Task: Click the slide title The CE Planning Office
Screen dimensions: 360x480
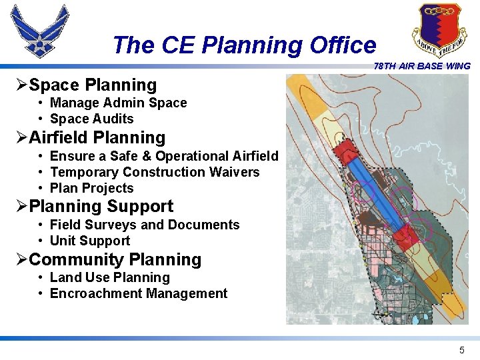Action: click(244, 45)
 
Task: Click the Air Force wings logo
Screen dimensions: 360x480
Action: click(39, 31)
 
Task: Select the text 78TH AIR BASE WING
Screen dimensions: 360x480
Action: click(422, 66)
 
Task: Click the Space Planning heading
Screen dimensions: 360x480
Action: click(93, 85)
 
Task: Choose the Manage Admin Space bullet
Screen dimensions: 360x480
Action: click(118, 103)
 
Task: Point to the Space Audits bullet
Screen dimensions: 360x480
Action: click(91, 119)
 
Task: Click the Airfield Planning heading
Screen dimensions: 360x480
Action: click(97, 138)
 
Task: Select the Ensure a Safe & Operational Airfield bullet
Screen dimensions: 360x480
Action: click(164, 156)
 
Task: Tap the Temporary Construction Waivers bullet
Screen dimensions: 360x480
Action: click(155, 172)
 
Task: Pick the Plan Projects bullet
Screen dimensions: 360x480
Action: click(91, 188)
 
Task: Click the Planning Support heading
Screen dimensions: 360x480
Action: click(101, 207)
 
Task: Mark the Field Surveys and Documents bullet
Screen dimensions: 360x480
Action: click(145, 225)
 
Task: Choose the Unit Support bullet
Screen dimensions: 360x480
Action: click(90, 241)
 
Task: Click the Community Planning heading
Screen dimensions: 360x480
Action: click(115, 260)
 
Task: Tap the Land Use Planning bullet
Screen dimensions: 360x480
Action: click(110, 277)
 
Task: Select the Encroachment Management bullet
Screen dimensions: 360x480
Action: click(139, 293)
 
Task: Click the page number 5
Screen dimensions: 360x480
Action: click(461, 350)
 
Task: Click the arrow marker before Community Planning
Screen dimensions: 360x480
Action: click(22, 260)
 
